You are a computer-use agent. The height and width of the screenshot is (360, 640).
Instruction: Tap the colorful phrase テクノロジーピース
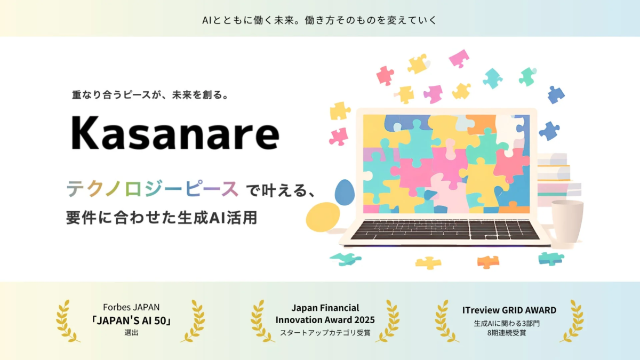click(x=152, y=189)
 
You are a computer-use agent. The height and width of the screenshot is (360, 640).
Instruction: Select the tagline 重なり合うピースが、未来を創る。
click(x=150, y=96)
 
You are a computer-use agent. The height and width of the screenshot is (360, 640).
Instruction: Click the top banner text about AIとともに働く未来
click(x=320, y=20)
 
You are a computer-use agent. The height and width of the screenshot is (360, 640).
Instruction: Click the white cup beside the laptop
click(x=567, y=221)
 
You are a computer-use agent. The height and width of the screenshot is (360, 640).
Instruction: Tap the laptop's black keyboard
click(x=445, y=230)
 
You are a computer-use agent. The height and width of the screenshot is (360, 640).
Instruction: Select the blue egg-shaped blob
click(x=345, y=193)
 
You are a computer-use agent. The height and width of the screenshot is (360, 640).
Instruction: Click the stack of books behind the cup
click(x=555, y=176)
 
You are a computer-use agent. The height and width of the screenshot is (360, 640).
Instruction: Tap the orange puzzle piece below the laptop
click(x=488, y=261)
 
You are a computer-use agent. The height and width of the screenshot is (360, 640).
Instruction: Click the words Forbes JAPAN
click(x=131, y=308)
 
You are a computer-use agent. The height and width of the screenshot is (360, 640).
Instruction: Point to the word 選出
click(x=131, y=333)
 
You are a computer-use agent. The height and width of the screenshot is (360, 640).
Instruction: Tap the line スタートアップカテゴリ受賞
click(x=325, y=333)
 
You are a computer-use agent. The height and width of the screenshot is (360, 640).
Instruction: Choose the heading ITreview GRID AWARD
click(x=509, y=310)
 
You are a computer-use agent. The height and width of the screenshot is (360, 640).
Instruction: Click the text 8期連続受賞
click(x=509, y=333)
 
